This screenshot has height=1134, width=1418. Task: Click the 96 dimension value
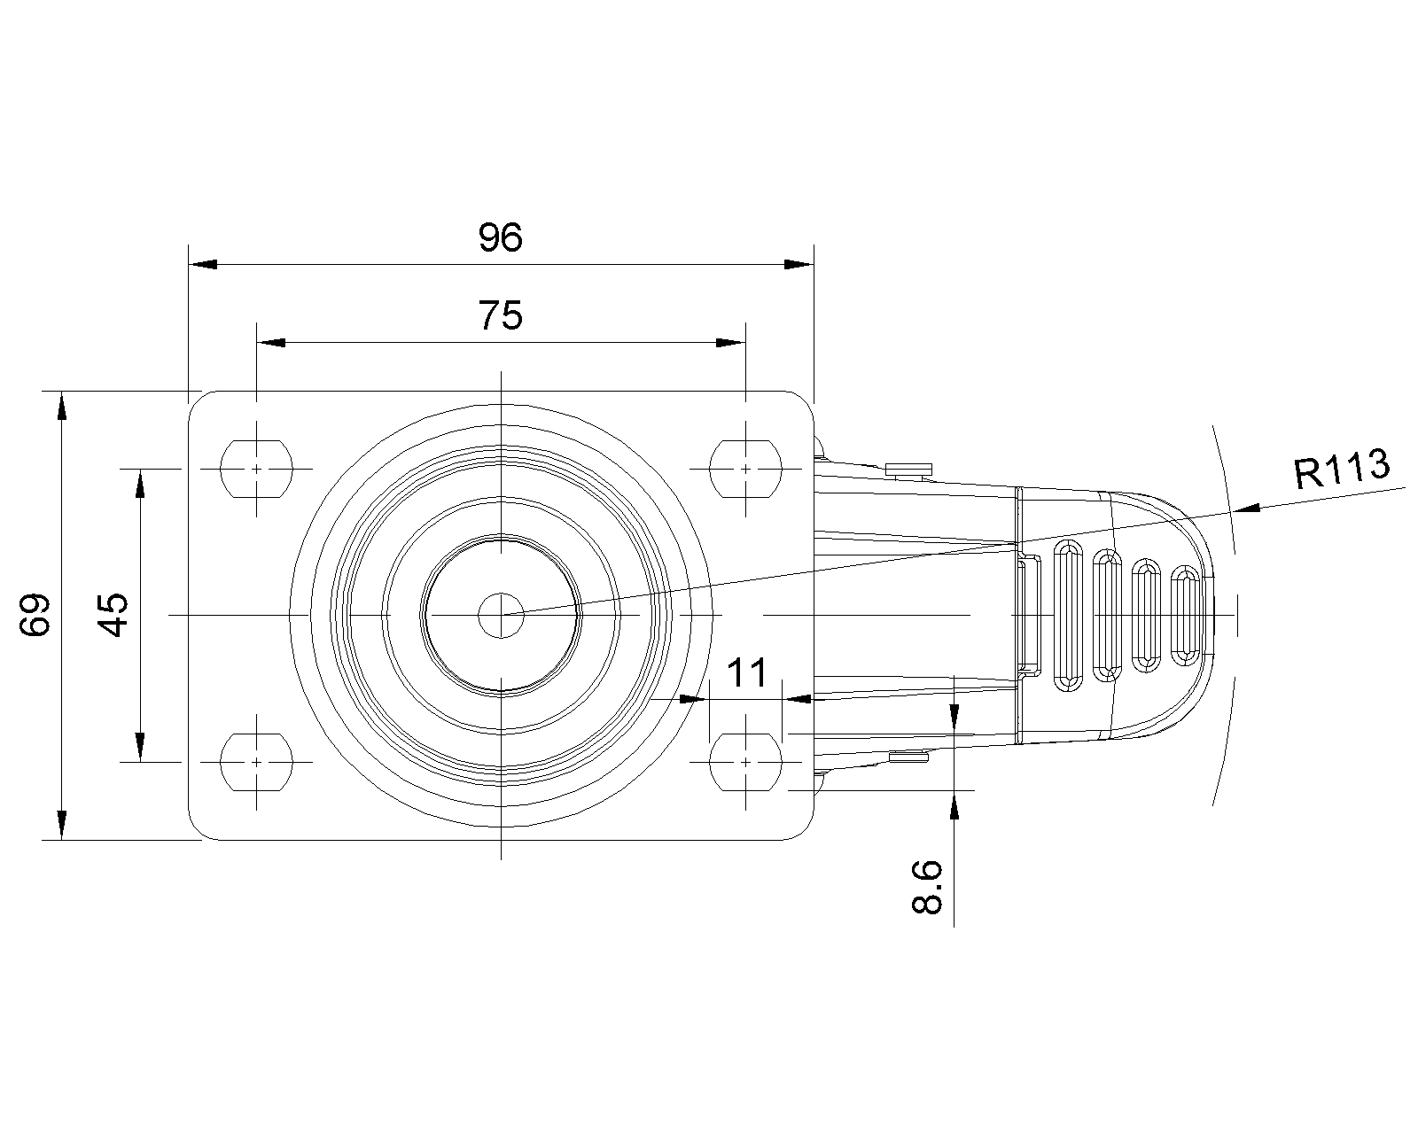coord(501,237)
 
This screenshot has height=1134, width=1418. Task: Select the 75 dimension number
coord(501,315)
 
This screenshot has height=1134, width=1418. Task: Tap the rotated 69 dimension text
coord(35,615)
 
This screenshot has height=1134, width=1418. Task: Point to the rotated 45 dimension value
coord(113,615)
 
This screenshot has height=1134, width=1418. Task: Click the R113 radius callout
coord(1342,469)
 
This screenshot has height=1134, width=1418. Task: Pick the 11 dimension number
coord(746,672)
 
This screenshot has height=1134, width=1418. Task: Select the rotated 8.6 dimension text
coord(927,887)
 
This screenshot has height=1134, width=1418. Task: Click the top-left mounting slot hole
coord(256,470)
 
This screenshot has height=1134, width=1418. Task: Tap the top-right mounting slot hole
coord(745,470)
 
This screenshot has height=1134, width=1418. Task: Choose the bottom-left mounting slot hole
coord(256,762)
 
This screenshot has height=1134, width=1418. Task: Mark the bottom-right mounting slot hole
coord(745,762)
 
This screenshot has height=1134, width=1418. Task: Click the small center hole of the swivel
coord(501,616)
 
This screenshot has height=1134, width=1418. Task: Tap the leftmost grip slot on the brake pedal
coord(1068,616)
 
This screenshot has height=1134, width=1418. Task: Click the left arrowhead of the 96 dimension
coord(203,264)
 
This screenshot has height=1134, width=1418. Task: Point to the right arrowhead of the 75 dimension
coord(731,343)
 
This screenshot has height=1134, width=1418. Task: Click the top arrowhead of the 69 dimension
coord(61,406)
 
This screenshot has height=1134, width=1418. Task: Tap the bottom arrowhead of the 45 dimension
coord(140,747)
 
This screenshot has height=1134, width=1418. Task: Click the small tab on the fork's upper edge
coord(908,470)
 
